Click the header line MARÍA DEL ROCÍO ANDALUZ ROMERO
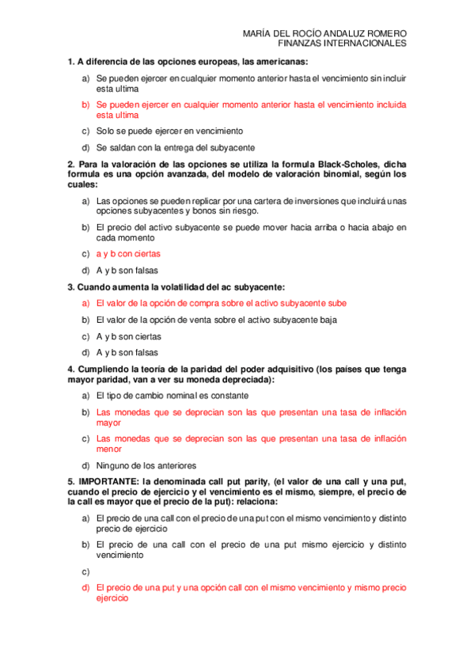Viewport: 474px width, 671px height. (326, 33)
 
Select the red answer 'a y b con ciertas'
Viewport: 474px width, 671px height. (127, 254)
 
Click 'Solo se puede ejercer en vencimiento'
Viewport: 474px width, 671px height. (169, 131)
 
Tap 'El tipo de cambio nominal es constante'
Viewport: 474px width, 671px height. (172, 395)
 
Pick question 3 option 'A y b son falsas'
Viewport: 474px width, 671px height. (127, 353)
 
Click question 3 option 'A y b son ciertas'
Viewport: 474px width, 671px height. (127, 336)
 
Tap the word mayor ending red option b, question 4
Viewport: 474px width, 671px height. (108, 423)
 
